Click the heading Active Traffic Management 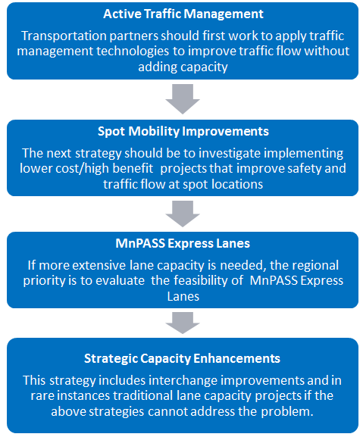tap(183, 14)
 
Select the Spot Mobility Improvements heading tap(183, 131)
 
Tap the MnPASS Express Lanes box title tap(183, 243)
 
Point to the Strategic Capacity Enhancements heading tap(182, 358)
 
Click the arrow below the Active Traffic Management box tap(183, 99)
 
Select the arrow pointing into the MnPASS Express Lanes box tap(183, 214)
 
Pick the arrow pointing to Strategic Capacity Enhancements tap(183, 323)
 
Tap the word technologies tap(133, 52)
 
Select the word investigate tap(230, 154)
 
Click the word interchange tap(183, 381)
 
